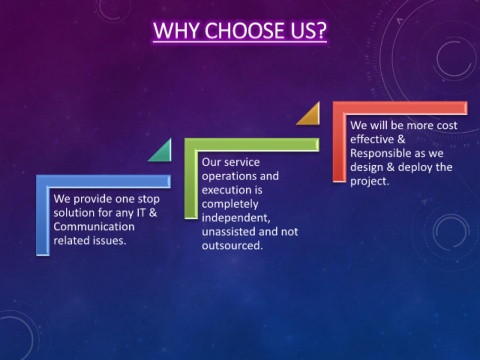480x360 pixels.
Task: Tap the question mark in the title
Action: [x=321, y=30]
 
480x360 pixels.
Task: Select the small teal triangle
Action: [x=162, y=152]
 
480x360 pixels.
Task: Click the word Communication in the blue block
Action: [x=94, y=227]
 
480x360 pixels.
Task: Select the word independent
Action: [x=236, y=218]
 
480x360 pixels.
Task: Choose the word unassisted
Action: [x=229, y=232]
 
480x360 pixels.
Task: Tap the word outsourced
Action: [x=232, y=246]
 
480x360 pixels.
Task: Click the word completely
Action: [x=230, y=204]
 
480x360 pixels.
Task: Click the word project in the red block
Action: [x=370, y=182]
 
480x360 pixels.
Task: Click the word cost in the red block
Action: [x=447, y=125]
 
